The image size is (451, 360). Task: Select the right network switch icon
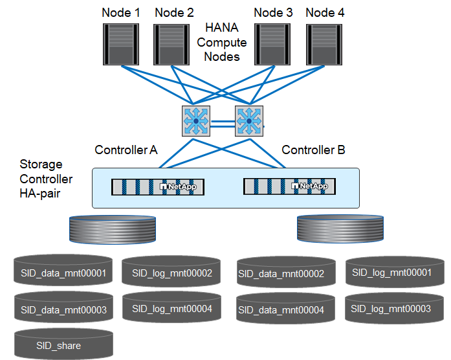[249, 121]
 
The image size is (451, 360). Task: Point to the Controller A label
[126, 150]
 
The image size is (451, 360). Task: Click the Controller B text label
[313, 150]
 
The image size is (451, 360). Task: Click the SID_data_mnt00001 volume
[63, 272]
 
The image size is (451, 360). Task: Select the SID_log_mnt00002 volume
[172, 273]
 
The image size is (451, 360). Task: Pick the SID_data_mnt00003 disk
[63, 309]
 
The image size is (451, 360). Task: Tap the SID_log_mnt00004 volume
[172, 309]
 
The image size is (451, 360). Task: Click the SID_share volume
[63, 345]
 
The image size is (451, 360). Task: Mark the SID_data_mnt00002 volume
[286, 273]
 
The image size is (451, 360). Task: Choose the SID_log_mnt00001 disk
[395, 272]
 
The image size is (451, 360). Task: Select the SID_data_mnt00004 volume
[286, 310]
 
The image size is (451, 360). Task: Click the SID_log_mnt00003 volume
[395, 309]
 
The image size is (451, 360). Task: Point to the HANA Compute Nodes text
[222, 42]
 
